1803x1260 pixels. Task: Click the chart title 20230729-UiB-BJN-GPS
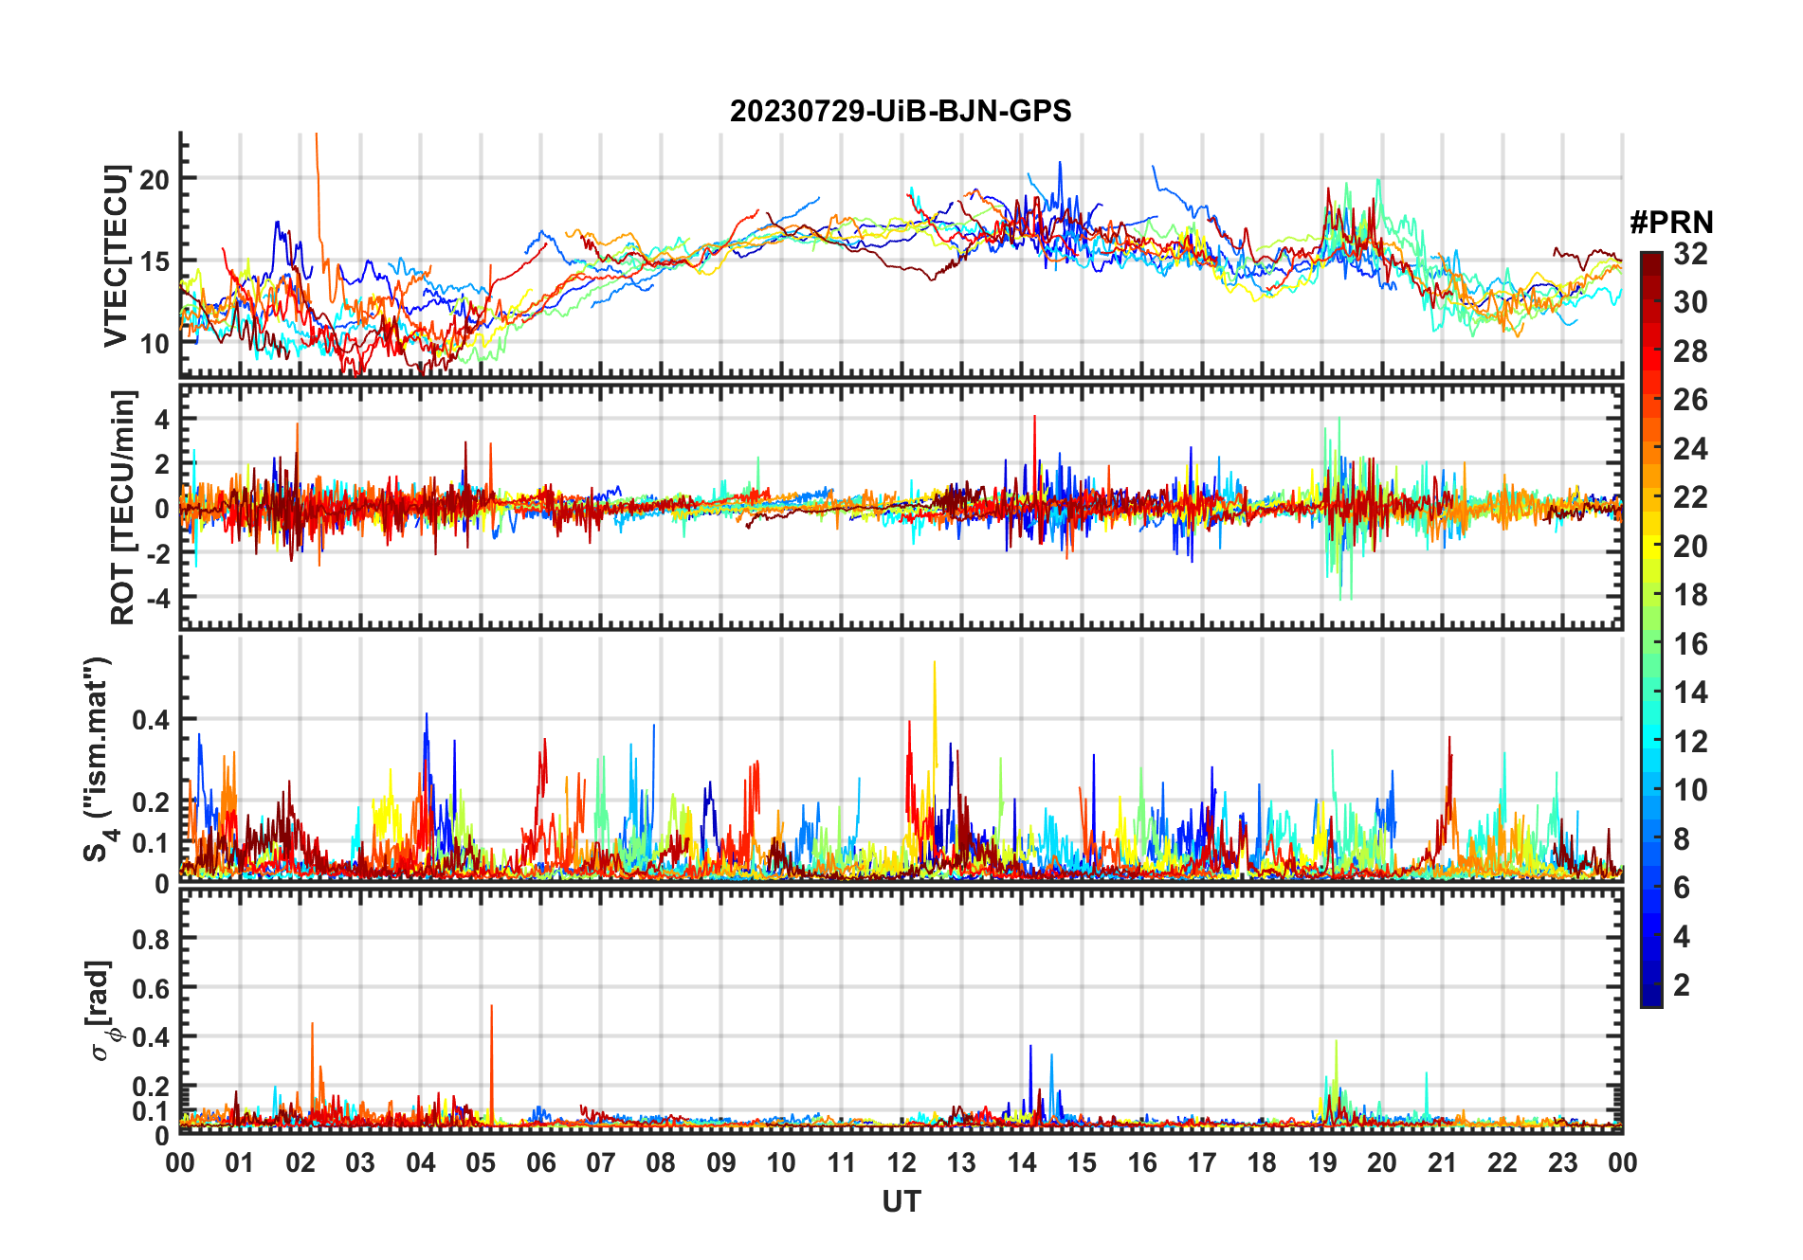(x=901, y=112)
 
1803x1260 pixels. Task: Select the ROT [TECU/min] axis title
(x=122, y=507)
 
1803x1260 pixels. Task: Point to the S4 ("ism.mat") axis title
(x=100, y=758)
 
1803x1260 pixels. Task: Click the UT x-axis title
(x=901, y=1202)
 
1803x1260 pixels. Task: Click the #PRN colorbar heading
(x=1671, y=223)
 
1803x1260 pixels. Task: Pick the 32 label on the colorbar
(x=1690, y=254)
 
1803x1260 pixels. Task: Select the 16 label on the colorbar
(x=1690, y=644)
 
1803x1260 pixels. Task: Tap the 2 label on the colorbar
(x=1682, y=985)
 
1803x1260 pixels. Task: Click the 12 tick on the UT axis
(x=901, y=1162)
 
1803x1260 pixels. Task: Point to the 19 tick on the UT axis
(x=1322, y=1162)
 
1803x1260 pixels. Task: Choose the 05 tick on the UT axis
(x=481, y=1162)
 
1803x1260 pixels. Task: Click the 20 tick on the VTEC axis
(x=155, y=178)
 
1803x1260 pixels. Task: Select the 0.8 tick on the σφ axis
(x=151, y=939)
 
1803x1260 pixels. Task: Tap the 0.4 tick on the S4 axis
(x=151, y=720)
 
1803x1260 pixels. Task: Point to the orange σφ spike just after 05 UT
(x=491, y=1008)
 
